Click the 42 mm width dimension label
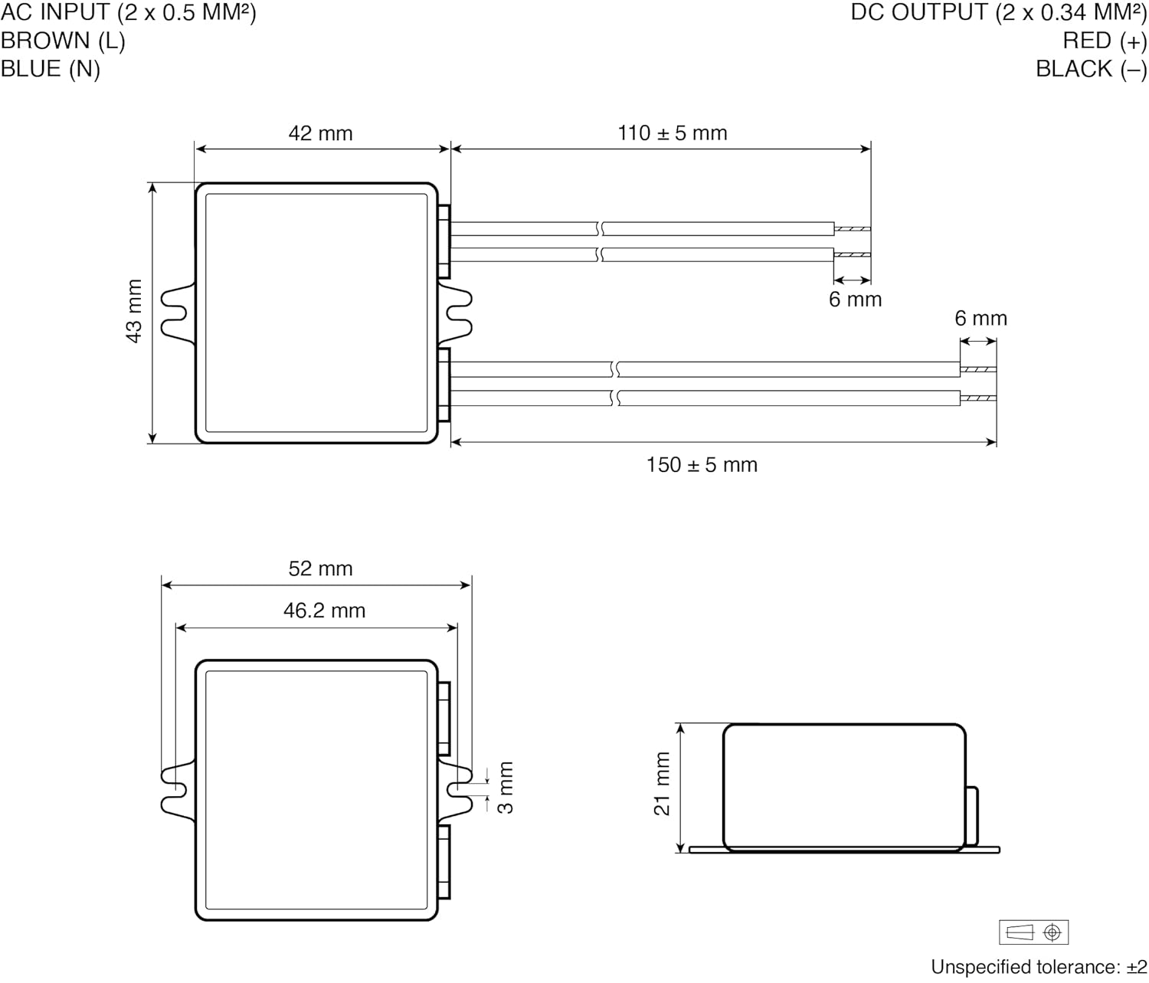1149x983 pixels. (320, 133)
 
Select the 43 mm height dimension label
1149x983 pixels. (134, 311)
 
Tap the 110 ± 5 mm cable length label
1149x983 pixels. (672, 133)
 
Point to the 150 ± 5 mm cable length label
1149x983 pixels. (702, 465)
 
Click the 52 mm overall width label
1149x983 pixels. (320, 569)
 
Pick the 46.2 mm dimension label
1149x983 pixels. (324, 611)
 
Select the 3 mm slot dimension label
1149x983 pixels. (506, 788)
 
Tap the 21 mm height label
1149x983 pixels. (663, 784)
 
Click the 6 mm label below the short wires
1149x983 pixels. (855, 300)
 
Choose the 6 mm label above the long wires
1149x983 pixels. (980, 319)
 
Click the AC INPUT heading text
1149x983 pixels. (128, 12)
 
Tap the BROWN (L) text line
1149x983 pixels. (63, 41)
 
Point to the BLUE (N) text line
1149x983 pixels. (51, 69)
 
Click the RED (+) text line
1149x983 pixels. (1105, 41)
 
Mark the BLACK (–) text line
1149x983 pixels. (1091, 69)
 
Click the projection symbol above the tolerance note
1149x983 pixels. (1033, 932)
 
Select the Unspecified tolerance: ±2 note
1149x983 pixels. (1039, 967)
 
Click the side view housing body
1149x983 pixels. (843, 787)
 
